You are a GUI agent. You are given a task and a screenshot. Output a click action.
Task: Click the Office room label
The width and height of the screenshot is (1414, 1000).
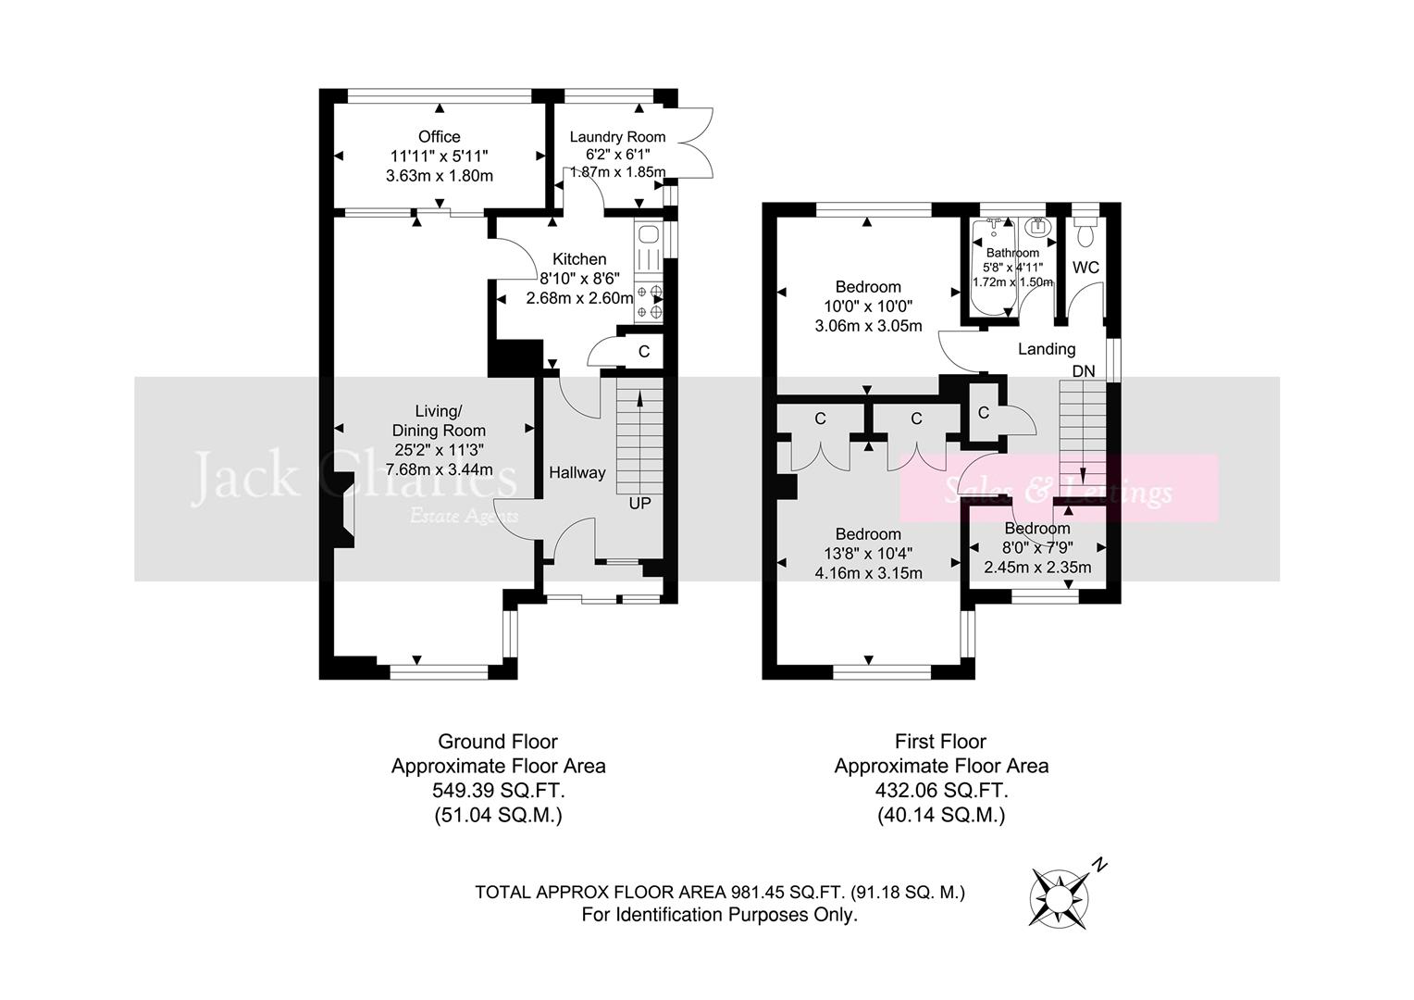pyautogui.click(x=439, y=137)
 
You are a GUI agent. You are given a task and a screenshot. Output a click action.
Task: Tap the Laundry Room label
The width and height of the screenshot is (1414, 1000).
pyautogui.click(x=617, y=137)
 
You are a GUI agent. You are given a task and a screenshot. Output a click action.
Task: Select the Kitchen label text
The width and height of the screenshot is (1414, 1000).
pyautogui.click(x=579, y=259)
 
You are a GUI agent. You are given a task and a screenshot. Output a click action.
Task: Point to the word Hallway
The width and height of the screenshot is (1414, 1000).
pyautogui.click(x=577, y=472)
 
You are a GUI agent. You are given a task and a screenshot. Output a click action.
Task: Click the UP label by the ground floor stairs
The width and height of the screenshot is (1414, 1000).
pyautogui.click(x=639, y=504)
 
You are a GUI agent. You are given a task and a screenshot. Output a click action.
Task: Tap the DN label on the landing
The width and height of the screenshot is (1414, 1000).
pyautogui.click(x=1084, y=371)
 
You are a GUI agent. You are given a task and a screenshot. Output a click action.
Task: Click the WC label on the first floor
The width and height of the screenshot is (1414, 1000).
pyautogui.click(x=1085, y=268)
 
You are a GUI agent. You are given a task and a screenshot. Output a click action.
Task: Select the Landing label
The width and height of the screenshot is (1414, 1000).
pyautogui.click(x=1047, y=349)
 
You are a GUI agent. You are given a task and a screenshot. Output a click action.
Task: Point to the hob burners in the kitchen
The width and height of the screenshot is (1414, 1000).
pyautogui.click(x=650, y=302)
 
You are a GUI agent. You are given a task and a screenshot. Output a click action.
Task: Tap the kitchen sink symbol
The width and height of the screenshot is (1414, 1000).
pyautogui.click(x=648, y=234)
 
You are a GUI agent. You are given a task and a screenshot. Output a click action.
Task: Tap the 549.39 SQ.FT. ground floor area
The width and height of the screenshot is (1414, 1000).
pyautogui.click(x=498, y=791)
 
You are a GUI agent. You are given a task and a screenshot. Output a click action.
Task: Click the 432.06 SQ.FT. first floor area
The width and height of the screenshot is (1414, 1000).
pyautogui.click(x=941, y=791)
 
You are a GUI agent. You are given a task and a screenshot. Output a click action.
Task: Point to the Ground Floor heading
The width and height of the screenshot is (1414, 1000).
pyautogui.click(x=498, y=741)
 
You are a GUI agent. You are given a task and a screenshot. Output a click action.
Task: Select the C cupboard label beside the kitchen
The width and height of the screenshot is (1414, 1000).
pyautogui.click(x=644, y=352)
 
